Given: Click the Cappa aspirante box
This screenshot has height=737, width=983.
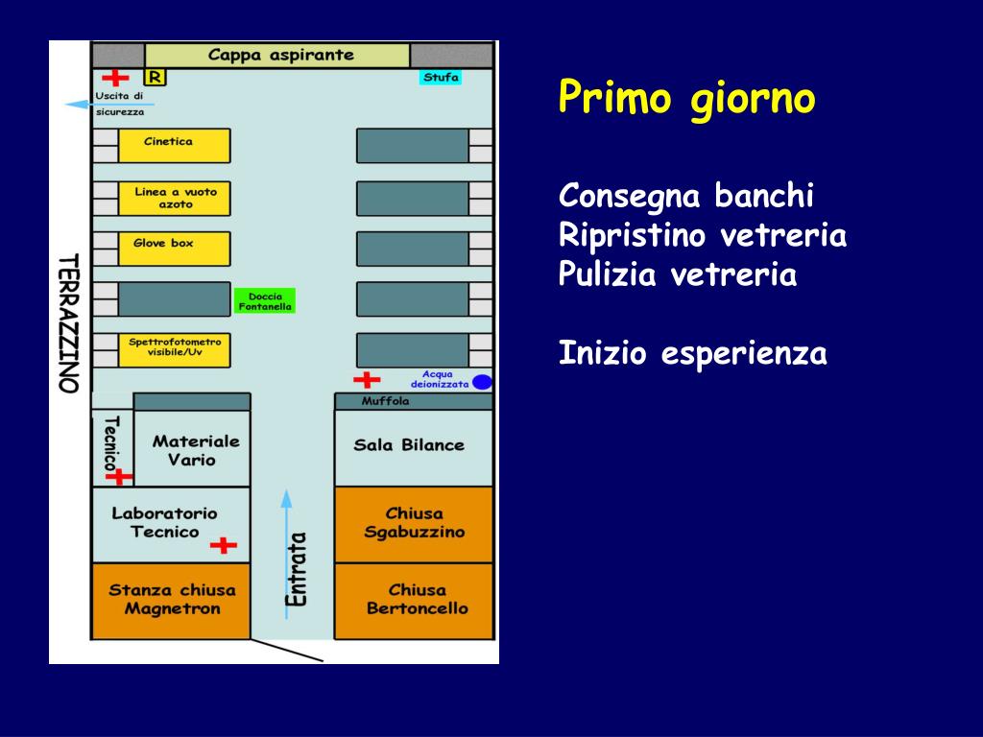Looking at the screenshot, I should pyautogui.click(x=278, y=56).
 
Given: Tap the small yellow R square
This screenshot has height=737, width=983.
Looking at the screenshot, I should pyautogui.click(x=154, y=77).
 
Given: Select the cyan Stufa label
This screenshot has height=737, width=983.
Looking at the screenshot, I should pyautogui.click(x=441, y=78).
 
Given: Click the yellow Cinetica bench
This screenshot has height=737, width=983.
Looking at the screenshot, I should pyautogui.click(x=174, y=146).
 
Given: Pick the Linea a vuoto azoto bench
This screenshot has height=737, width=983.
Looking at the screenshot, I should pyautogui.click(x=174, y=199).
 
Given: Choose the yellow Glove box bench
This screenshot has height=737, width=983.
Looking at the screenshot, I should pyautogui.click(x=174, y=249).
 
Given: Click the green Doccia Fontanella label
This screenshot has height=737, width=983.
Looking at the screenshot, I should pyautogui.click(x=264, y=301).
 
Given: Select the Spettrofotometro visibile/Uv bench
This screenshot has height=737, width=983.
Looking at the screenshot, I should pyautogui.click(x=174, y=350).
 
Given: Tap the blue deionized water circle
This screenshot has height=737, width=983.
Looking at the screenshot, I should pyautogui.click(x=482, y=382).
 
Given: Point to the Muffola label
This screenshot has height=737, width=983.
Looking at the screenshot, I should pyautogui.click(x=385, y=401).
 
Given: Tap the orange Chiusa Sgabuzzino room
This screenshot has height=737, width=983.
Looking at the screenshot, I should pyautogui.click(x=413, y=524).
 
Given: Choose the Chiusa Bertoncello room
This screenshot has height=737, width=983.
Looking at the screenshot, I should pyautogui.click(x=413, y=601).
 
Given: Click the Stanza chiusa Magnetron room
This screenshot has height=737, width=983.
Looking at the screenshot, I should pyautogui.click(x=171, y=601).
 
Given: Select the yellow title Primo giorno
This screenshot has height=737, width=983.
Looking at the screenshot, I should pyautogui.click(x=687, y=98).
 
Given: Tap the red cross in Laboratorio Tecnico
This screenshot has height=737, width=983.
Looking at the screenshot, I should pyautogui.click(x=224, y=546).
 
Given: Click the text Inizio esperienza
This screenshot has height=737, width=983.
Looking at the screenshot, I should pyautogui.click(x=692, y=354).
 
